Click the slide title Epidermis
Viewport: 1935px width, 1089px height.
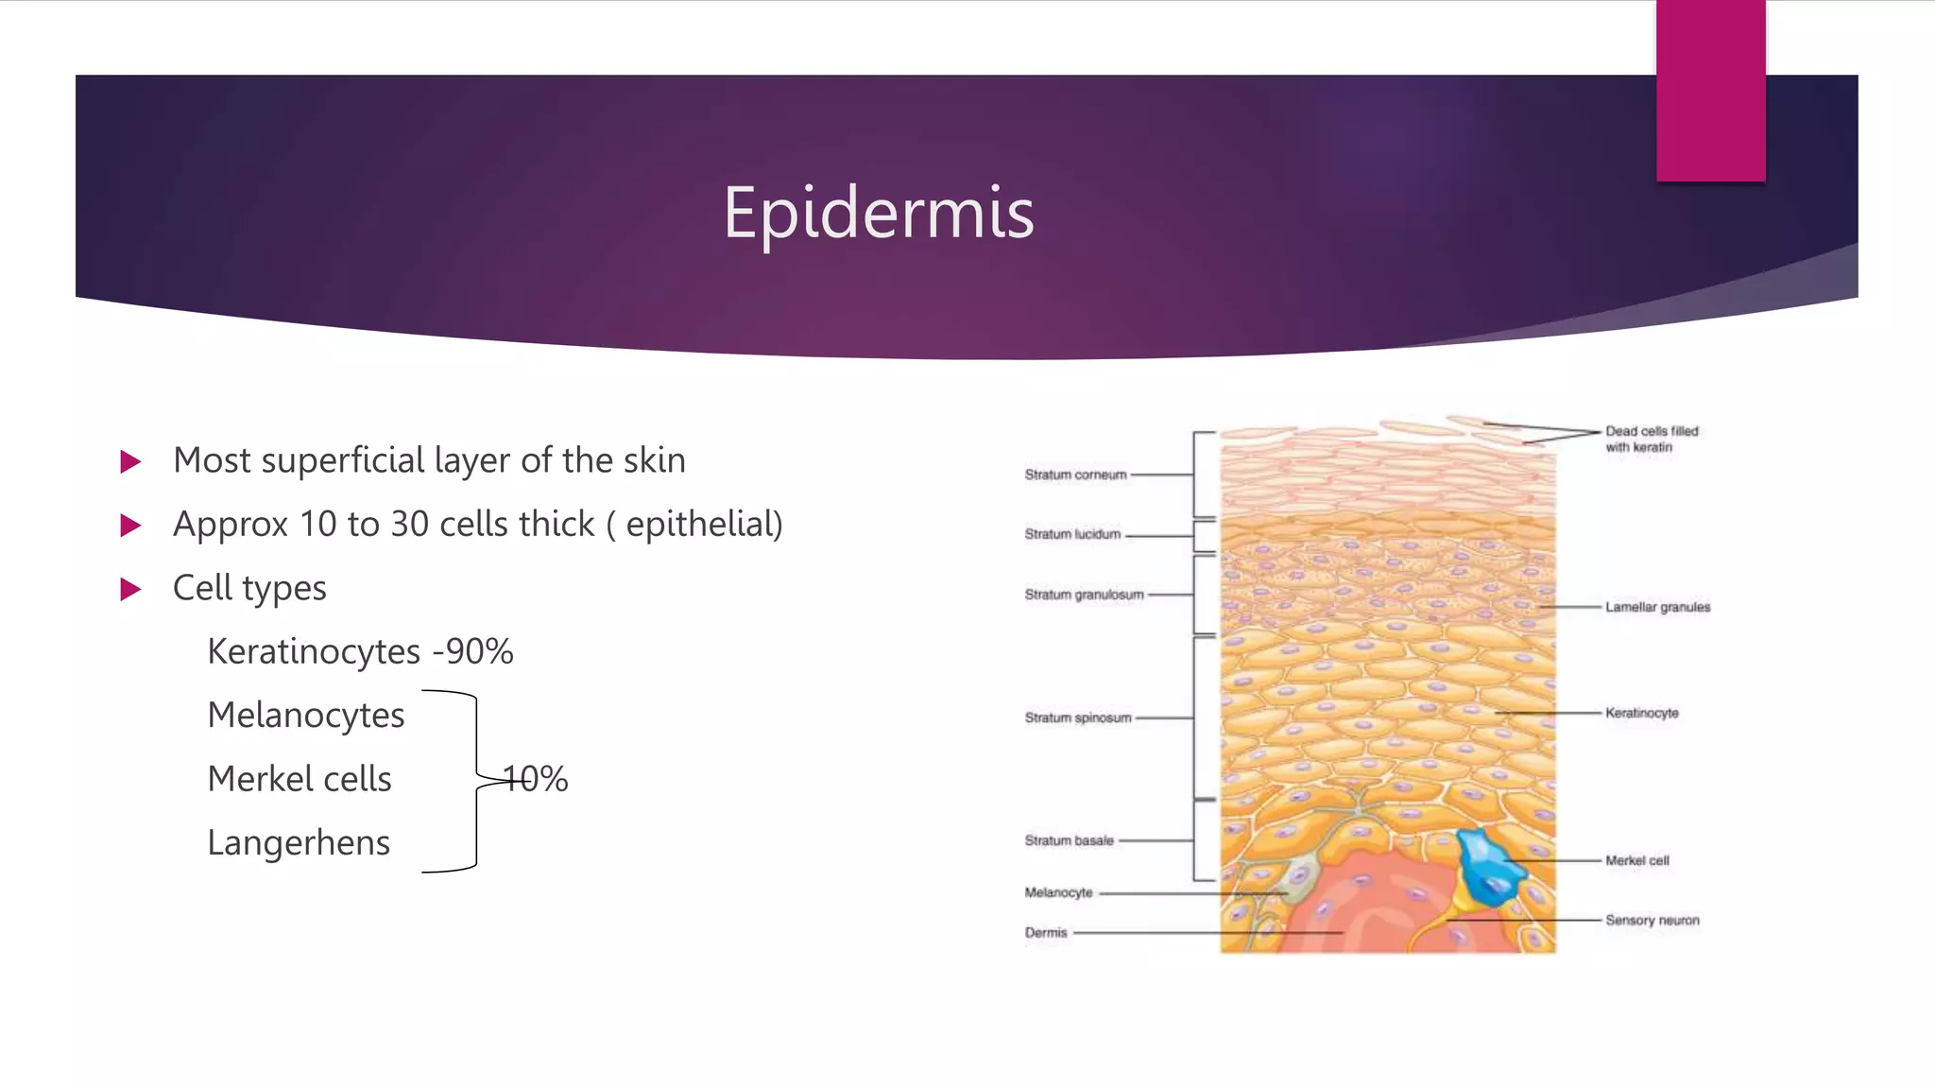click(x=879, y=213)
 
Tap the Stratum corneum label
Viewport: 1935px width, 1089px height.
click(x=1075, y=475)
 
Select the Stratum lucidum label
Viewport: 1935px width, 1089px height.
click(x=1072, y=534)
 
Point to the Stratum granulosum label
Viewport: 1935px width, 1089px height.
click(x=1084, y=595)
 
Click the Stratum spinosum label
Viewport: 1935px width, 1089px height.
click(x=1077, y=717)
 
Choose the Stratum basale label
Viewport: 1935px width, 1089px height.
click(x=1069, y=840)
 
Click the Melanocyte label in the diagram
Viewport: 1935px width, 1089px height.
click(x=1058, y=892)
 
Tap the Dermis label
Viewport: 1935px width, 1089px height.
click(x=1046, y=932)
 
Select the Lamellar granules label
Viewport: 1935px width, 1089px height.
click(x=1657, y=607)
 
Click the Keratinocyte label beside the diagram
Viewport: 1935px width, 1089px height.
click(x=1641, y=713)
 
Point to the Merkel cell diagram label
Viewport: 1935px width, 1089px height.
click(x=1636, y=860)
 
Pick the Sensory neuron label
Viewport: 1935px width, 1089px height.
click(x=1652, y=920)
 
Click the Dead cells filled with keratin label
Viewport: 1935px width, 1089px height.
click(x=1651, y=439)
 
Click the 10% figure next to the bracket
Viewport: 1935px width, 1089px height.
click(x=536, y=779)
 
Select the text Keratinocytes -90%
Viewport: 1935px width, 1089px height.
click(x=360, y=651)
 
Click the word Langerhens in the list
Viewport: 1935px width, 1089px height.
click(x=299, y=842)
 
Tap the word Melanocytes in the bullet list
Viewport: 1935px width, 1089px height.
click(x=306, y=715)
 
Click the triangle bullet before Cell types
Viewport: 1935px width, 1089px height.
click(x=131, y=589)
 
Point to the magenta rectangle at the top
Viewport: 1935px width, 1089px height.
click(x=1710, y=91)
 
